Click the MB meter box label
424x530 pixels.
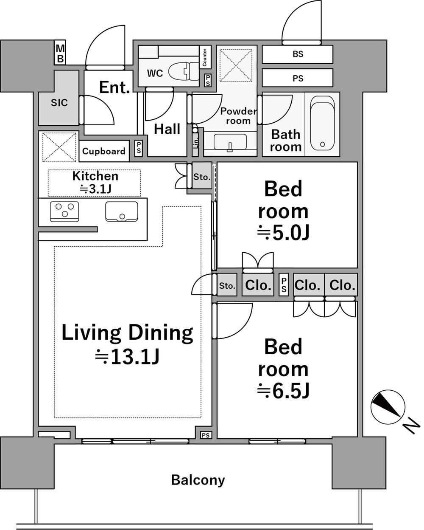click(x=60, y=53)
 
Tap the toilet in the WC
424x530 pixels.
click(x=184, y=71)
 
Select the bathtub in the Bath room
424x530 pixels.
click(x=322, y=124)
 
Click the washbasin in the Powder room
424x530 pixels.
click(x=230, y=142)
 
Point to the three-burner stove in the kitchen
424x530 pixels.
click(x=64, y=211)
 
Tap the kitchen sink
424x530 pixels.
click(x=122, y=211)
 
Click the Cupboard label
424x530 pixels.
click(x=104, y=151)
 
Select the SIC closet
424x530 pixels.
click(x=59, y=103)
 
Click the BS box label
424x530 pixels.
click(x=298, y=54)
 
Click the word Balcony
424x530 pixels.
click(x=198, y=480)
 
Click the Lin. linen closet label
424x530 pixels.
click(x=195, y=142)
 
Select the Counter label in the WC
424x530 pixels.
click(x=205, y=57)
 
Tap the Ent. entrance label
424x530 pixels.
click(x=114, y=87)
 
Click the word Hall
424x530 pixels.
click(x=167, y=129)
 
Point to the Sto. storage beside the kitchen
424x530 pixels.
click(x=202, y=177)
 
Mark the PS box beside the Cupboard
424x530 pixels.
click(x=139, y=148)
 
